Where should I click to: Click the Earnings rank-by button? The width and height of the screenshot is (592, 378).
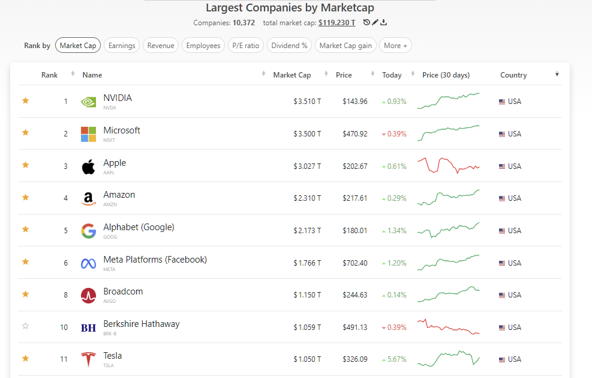(x=122, y=46)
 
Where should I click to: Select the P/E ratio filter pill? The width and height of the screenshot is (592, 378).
(x=245, y=46)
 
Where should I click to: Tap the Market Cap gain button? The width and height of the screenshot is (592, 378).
(x=345, y=46)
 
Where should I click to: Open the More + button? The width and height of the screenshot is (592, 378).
(x=395, y=46)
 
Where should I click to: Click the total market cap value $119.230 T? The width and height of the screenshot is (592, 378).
(x=336, y=23)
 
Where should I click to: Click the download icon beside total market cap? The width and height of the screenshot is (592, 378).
(x=384, y=23)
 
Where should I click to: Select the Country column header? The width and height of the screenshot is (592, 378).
(x=513, y=75)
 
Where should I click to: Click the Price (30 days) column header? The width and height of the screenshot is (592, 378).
(x=446, y=75)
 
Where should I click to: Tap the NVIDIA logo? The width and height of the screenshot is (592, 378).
(x=88, y=102)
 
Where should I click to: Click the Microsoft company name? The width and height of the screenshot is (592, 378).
(x=122, y=130)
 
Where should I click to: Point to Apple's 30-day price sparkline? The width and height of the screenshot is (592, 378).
(x=448, y=165)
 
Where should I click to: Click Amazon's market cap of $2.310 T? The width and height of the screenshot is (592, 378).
(x=307, y=198)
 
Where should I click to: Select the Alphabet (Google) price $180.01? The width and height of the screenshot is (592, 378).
(x=354, y=231)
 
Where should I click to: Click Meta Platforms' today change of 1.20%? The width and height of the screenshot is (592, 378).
(x=396, y=263)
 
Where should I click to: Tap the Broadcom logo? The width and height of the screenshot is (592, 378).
(x=88, y=295)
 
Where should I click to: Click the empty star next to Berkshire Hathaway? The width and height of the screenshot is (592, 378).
(x=25, y=326)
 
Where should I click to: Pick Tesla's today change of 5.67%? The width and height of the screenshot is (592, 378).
(x=396, y=359)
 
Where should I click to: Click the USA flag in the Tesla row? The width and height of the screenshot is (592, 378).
(x=502, y=359)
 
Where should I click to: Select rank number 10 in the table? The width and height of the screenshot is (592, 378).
(x=64, y=328)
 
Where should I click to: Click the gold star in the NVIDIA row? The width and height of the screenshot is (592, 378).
(x=25, y=101)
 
